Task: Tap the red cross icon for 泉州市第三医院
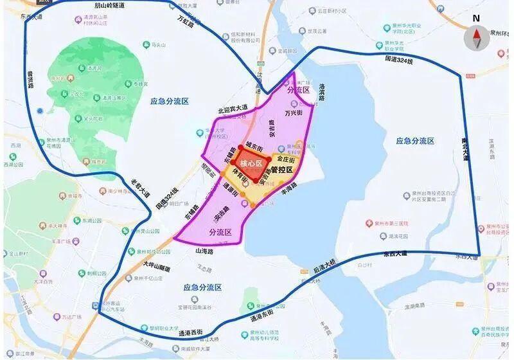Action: pyautogui.click(x=369, y=224)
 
